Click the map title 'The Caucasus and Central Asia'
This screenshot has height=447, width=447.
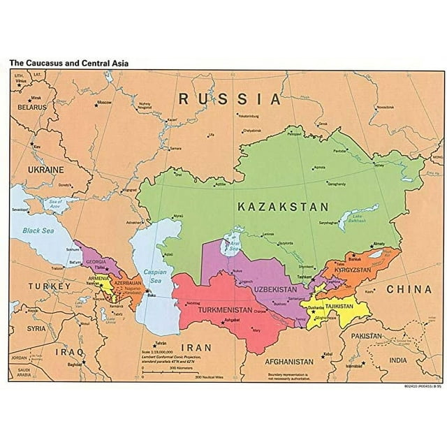point(68,62)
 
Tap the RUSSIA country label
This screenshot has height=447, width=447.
point(230,98)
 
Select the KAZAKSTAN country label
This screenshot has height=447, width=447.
point(282,207)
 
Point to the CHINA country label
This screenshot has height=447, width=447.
point(410,288)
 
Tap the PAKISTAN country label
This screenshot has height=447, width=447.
point(367,336)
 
